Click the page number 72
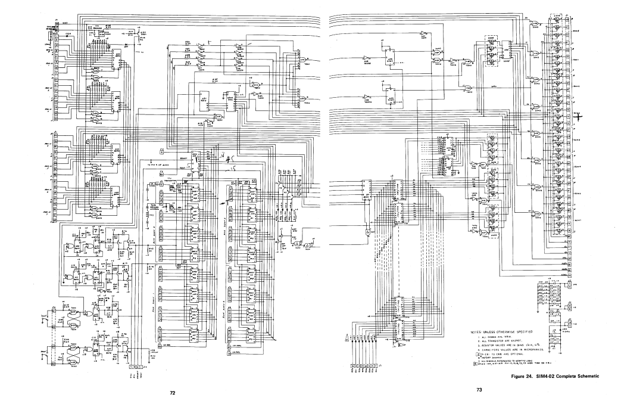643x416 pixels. coord(173,394)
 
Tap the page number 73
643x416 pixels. coord(477,389)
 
